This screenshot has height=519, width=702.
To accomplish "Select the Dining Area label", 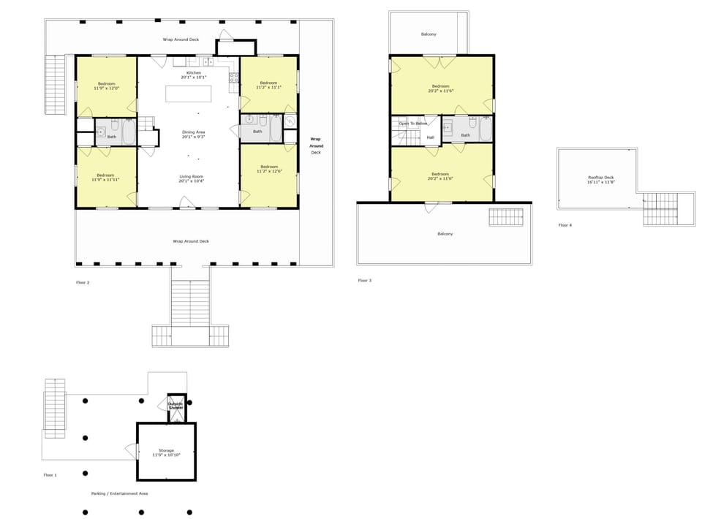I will (x=194, y=135).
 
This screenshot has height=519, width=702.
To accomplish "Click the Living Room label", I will (x=192, y=178).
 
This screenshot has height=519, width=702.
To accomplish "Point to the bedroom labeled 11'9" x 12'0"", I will (x=106, y=86).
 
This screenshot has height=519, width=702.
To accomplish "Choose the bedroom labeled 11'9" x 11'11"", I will (x=106, y=176).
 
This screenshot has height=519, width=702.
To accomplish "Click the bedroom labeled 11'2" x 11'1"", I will (x=268, y=85).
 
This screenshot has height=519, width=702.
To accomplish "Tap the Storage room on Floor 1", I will (x=166, y=452).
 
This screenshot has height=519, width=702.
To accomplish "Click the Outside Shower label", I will (x=176, y=406).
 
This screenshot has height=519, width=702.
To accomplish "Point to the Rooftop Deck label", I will (x=600, y=179).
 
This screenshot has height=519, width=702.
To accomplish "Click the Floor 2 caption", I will (x=83, y=282).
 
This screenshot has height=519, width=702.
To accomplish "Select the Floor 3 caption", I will (x=365, y=280).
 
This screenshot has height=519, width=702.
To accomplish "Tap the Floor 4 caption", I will (x=565, y=225).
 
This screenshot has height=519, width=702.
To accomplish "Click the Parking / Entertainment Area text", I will (x=120, y=493).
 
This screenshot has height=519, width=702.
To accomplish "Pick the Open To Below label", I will (x=413, y=124).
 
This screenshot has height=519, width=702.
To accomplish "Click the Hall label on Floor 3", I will (x=430, y=137).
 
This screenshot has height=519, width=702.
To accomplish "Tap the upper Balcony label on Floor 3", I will (x=429, y=34).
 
